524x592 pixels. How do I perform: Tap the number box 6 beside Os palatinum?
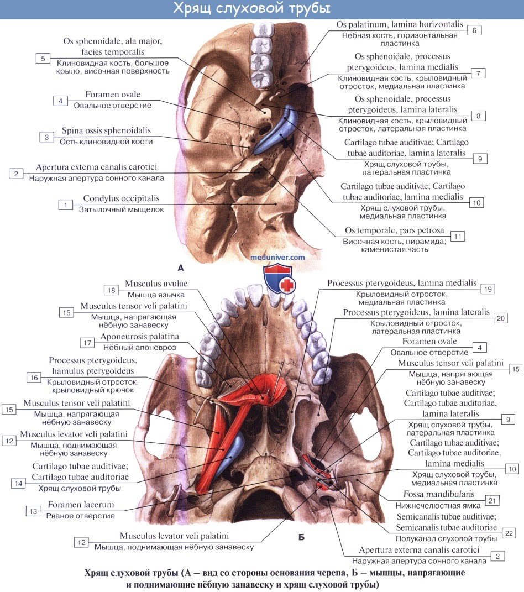point(474,30)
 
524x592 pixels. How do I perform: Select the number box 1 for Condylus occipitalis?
point(66,205)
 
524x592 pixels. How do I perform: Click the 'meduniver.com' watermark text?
point(278,257)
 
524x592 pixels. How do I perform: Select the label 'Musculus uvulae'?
point(156,283)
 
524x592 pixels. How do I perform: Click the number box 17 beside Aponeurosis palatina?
point(87,343)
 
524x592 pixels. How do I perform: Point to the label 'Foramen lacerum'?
point(81,505)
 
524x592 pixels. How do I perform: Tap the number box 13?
point(34,511)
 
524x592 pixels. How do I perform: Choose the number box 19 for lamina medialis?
point(486,289)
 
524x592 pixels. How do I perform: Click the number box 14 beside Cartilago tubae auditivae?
point(18,483)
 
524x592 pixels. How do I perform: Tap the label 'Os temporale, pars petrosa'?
point(397,230)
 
